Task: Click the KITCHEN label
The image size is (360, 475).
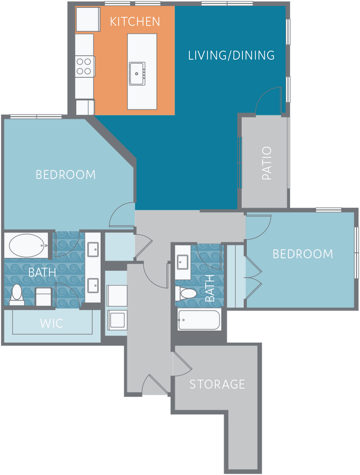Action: click(135, 22)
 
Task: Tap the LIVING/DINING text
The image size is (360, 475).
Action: click(231, 55)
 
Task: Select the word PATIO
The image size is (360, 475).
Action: click(266, 163)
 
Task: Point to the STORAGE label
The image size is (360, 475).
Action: click(217, 384)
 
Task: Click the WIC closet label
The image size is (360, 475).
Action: click(51, 324)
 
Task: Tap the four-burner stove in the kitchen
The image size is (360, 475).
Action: click(84, 66)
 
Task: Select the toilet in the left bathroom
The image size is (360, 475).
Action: click(16, 294)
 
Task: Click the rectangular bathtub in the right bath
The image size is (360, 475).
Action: click(198, 320)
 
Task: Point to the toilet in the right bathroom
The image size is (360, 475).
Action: click(186, 293)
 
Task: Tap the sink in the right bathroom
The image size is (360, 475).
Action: click(183, 262)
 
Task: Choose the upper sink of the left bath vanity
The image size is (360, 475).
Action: click(93, 248)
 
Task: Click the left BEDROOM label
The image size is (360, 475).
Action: click(65, 174)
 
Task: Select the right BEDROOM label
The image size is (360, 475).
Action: click(303, 254)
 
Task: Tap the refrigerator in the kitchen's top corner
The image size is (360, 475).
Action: click(87, 19)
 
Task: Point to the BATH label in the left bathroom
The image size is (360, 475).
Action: click(42, 272)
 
